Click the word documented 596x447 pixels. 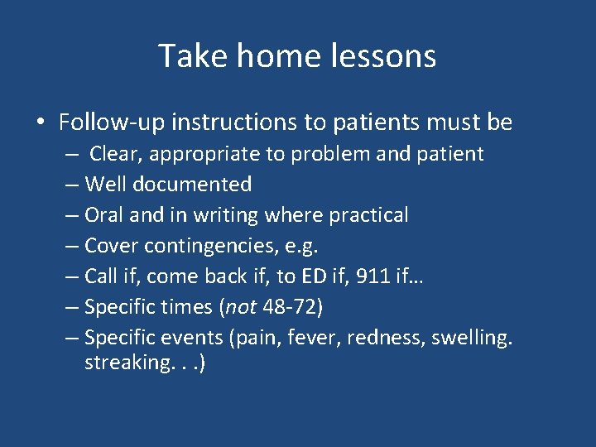[x=199, y=185]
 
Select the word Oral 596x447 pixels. [x=105, y=215]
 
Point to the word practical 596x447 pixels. [x=368, y=215]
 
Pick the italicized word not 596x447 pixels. [x=241, y=307]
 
